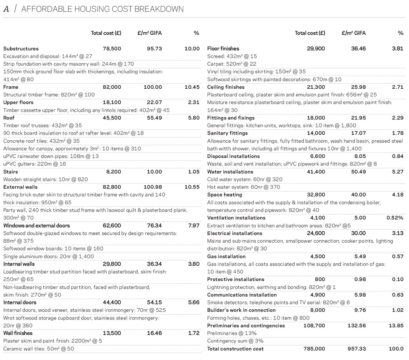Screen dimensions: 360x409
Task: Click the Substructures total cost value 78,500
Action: (112, 49)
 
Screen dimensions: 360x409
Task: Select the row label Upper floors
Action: (18, 102)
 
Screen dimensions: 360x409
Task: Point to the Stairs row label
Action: (10, 172)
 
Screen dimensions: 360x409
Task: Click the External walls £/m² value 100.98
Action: (153, 187)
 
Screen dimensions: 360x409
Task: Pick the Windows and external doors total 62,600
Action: (112, 226)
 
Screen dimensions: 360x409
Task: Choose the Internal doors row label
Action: (20, 302)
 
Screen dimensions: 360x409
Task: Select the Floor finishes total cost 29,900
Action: (316, 49)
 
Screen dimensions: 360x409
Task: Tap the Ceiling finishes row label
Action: (225, 87)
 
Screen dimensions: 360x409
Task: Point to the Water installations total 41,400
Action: (316, 172)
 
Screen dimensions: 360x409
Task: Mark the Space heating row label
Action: (225, 195)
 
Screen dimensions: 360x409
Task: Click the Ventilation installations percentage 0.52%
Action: (395, 218)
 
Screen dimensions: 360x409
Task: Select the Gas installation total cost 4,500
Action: (318, 257)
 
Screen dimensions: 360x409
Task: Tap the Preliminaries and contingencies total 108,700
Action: (314, 326)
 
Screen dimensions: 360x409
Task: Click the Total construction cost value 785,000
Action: (314, 349)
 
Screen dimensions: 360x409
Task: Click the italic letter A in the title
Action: (6, 9)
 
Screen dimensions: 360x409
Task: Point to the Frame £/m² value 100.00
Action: (153, 87)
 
